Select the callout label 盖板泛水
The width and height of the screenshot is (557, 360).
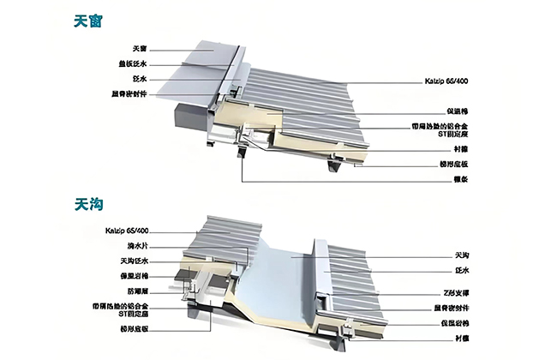[x=132, y=63]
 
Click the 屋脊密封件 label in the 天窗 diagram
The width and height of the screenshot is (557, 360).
[x=129, y=94]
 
